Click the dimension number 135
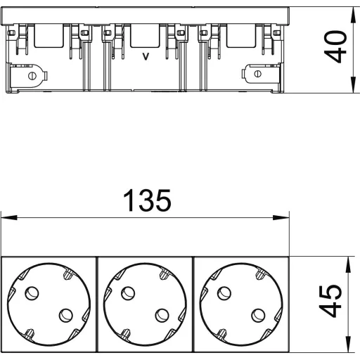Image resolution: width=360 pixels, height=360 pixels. tap(147, 200)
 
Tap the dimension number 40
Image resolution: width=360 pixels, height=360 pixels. tap(335, 46)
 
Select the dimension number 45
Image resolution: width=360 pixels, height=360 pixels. tap(330, 301)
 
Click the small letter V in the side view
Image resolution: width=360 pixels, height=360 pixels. tap(146, 56)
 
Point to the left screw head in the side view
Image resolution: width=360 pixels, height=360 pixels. tap(32, 76)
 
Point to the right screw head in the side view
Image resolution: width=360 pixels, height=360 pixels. tap(257, 74)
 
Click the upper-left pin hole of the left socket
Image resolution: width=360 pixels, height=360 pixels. tap(32, 293)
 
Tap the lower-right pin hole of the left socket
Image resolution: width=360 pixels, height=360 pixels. tap(66, 315)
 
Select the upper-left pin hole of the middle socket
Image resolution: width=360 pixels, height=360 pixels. tap(128, 293)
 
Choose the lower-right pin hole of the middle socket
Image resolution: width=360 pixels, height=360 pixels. tap(162, 315)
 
